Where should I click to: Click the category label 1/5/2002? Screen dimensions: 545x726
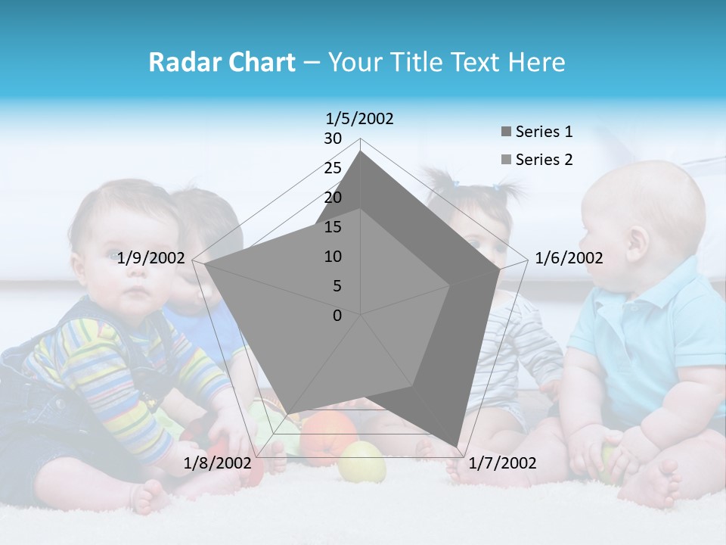(x=359, y=118)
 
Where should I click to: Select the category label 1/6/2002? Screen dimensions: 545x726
(x=569, y=258)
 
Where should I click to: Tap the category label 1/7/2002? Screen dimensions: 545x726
(x=502, y=462)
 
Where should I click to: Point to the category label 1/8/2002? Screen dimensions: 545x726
(x=217, y=462)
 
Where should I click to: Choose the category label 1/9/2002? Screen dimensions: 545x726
(x=151, y=258)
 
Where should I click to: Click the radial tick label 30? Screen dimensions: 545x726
(x=333, y=139)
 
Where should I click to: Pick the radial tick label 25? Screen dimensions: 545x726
(x=333, y=168)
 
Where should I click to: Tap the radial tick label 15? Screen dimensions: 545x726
(x=333, y=227)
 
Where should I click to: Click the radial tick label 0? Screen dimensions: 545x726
(x=337, y=316)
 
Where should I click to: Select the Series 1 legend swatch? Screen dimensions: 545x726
(x=506, y=132)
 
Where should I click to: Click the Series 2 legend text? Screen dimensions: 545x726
(x=544, y=160)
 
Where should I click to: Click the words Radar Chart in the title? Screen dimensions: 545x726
(x=222, y=62)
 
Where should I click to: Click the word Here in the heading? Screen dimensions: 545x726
(x=536, y=62)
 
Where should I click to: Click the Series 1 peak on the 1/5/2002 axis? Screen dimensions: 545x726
(x=361, y=152)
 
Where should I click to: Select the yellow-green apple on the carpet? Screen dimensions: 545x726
(x=361, y=462)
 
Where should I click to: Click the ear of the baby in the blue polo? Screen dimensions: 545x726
(x=638, y=241)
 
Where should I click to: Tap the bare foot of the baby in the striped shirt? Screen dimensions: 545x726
(x=147, y=498)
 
